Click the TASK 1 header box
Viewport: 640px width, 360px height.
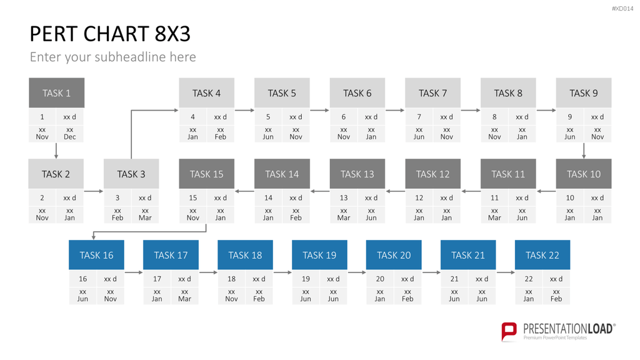[x=56, y=92]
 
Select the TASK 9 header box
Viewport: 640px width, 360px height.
[x=584, y=92]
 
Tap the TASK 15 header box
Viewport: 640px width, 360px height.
[x=206, y=174]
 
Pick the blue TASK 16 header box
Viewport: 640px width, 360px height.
[x=96, y=255]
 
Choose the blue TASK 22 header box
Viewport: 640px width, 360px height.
[x=542, y=255]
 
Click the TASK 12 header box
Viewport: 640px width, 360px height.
[x=432, y=174]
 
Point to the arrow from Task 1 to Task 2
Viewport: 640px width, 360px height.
[x=56, y=151]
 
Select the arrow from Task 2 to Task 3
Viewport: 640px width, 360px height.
[x=94, y=191]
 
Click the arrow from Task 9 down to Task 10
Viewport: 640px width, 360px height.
[x=584, y=151]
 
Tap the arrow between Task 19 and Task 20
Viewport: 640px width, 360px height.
[x=357, y=272]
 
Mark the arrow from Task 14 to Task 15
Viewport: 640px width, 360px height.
[x=244, y=191]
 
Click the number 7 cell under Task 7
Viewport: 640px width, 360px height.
[x=419, y=117]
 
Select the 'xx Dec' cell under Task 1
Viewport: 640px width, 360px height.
[x=70, y=134]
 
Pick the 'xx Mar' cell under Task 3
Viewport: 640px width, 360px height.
[x=145, y=214]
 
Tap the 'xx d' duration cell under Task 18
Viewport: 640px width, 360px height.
[x=259, y=279]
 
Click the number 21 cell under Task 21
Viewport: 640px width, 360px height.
[x=454, y=279]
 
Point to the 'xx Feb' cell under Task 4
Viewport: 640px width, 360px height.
[x=221, y=134]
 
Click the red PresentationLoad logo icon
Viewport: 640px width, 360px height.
[x=509, y=331]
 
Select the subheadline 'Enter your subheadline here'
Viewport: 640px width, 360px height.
[x=112, y=57]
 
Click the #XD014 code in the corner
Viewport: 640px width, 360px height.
[x=622, y=9]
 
